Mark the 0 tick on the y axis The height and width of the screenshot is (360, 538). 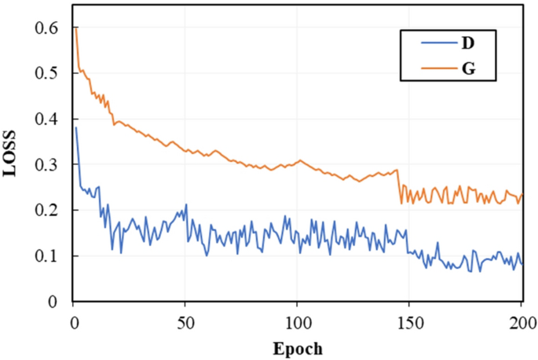coord(53,302)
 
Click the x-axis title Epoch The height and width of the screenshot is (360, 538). coord(297,347)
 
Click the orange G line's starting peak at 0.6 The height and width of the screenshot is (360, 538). coord(75,29)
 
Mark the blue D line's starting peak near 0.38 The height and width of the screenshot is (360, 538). coord(75,128)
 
